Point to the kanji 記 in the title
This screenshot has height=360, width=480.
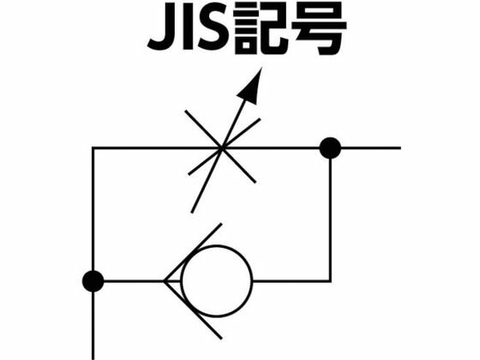pos(261,30)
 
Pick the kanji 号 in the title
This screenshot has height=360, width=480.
pos(319,30)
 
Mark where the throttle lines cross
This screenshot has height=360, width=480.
pos(222,148)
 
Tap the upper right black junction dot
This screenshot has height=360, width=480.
pos(330,148)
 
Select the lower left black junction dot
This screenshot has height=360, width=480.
pos(93,281)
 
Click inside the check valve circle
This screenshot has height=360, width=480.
pos(217,281)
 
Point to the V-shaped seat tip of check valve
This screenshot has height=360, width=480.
pos(165,281)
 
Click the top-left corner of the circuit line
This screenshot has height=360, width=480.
pos(93,148)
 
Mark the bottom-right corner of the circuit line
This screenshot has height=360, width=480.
pos(330,281)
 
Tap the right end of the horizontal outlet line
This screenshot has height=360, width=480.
pos(400,148)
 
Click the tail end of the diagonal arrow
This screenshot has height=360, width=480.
pos(192,213)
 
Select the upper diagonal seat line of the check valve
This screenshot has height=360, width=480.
pos(193,252)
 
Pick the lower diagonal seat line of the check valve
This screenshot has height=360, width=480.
pos(193,309)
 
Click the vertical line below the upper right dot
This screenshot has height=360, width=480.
pos(330,219)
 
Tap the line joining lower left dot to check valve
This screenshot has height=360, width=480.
pos(134,281)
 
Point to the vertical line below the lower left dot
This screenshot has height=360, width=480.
pos(93,326)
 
